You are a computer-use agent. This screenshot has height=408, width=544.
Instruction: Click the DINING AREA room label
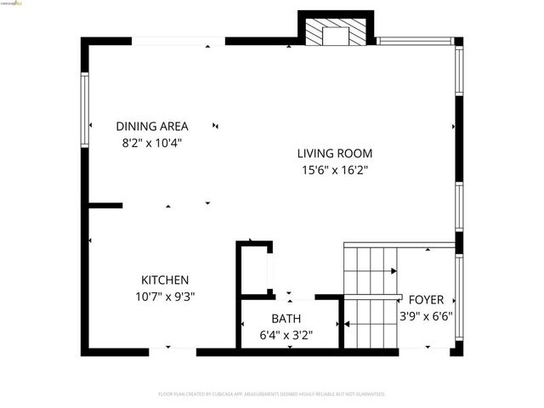click(152, 127)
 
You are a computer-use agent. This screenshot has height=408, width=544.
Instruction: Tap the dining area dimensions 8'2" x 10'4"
click(152, 143)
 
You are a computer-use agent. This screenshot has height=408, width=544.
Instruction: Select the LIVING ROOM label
click(334, 154)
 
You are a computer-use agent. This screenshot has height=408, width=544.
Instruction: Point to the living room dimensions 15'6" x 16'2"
click(334, 170)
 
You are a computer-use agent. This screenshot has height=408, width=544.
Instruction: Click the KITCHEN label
click(165, 280)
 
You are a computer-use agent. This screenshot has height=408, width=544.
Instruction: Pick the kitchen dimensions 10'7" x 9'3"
click(165, 296)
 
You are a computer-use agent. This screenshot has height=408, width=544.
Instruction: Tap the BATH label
click(286, 319)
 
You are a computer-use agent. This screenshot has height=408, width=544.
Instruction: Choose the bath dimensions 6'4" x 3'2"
click(286, 335)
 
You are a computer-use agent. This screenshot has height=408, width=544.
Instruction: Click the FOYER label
click(426, 300)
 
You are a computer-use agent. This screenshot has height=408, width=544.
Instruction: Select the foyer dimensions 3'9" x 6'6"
click(426, 316)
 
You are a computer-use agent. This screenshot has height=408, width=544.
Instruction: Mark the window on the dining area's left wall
click(85, 106)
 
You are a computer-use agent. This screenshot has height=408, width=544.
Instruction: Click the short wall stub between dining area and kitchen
click(105, 205)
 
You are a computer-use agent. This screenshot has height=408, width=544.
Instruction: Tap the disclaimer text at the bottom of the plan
click(272, 394)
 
